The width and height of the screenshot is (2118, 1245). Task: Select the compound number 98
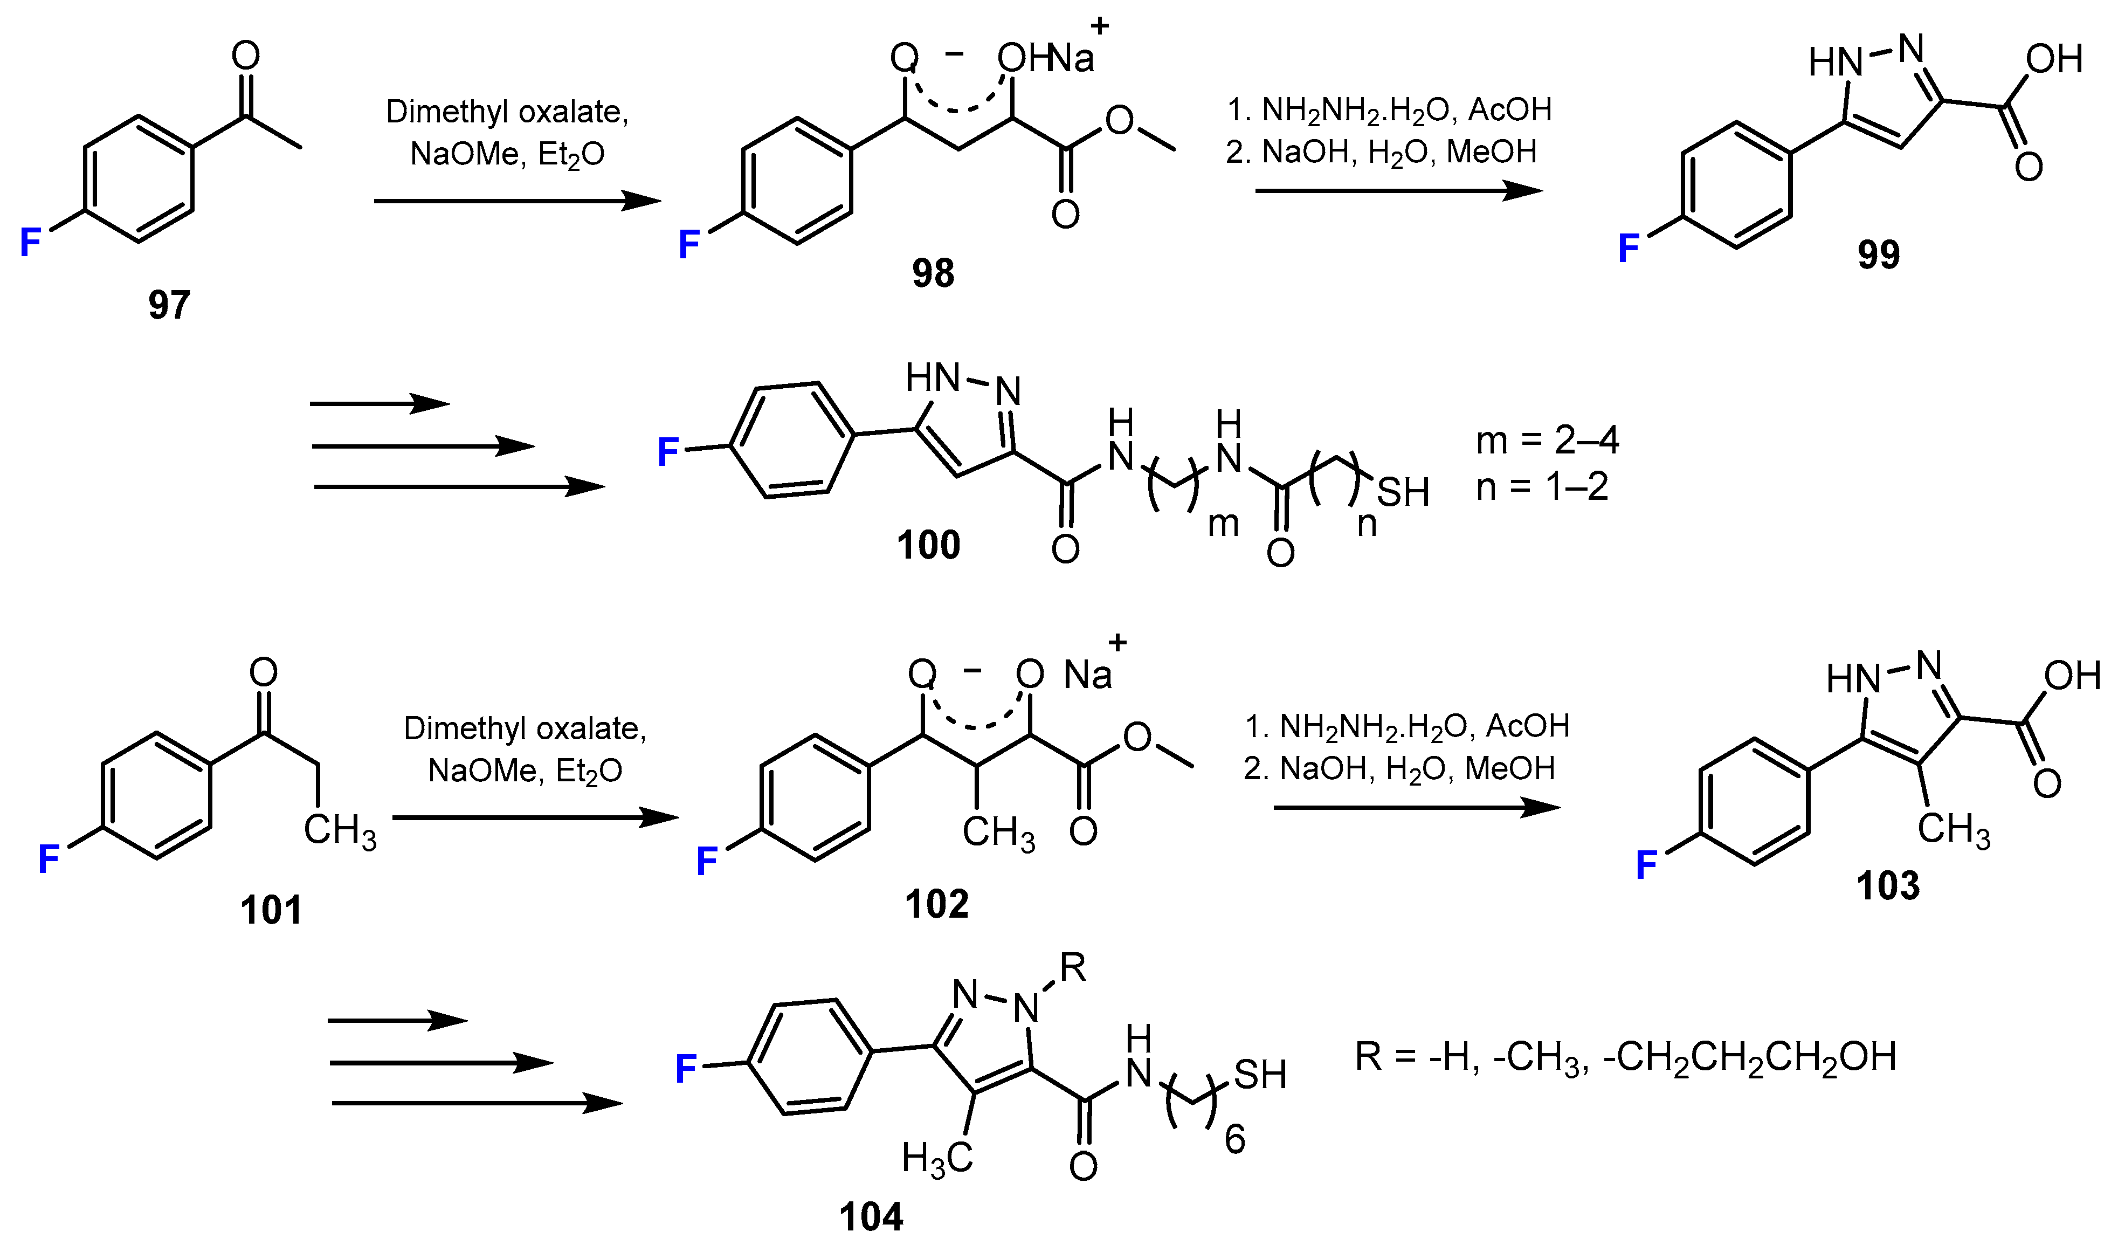933,273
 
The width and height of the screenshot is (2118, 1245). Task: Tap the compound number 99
1878,254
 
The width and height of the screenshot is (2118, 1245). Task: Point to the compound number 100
928,545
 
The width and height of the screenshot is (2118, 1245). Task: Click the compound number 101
271,910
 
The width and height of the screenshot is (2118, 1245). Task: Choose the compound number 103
1888,886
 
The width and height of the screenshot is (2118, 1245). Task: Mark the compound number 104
871,1216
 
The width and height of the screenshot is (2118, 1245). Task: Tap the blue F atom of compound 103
1646,864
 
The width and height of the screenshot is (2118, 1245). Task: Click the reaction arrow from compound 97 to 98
517,201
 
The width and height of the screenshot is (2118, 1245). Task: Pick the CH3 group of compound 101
340,830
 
